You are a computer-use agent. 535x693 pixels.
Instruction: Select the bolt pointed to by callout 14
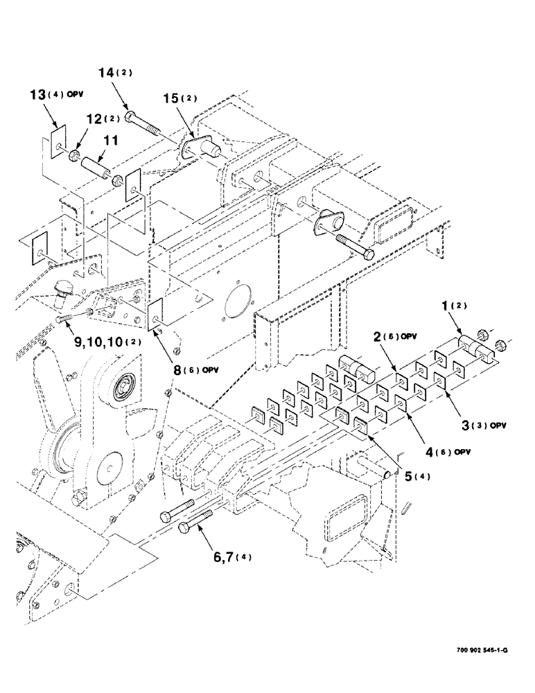(x=142, y=122)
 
